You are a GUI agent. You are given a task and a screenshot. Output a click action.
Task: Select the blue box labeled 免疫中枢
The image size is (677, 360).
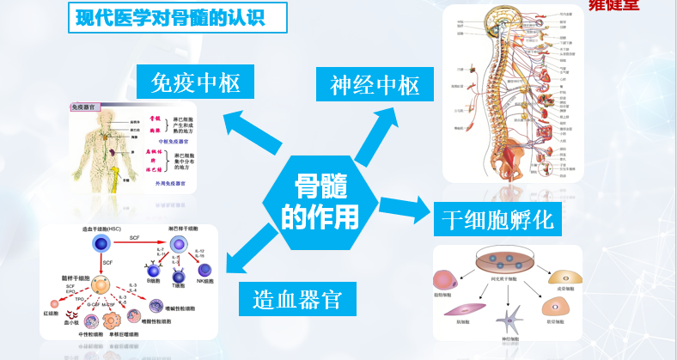click(194, 82)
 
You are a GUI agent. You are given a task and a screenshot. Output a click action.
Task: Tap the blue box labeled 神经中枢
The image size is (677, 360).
click(374, 85)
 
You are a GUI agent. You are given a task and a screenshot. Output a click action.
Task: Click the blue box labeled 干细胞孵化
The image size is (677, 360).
click(498, 219)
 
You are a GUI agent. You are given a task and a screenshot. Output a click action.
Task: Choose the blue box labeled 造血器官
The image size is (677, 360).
click(298, 300)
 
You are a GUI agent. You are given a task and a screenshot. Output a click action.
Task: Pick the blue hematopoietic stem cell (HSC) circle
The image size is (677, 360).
click(100, 247)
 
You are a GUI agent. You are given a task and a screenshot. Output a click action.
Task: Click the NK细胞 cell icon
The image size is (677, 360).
click(204, 275)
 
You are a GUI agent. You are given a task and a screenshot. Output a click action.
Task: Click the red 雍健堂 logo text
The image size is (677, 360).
click(650, 4)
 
